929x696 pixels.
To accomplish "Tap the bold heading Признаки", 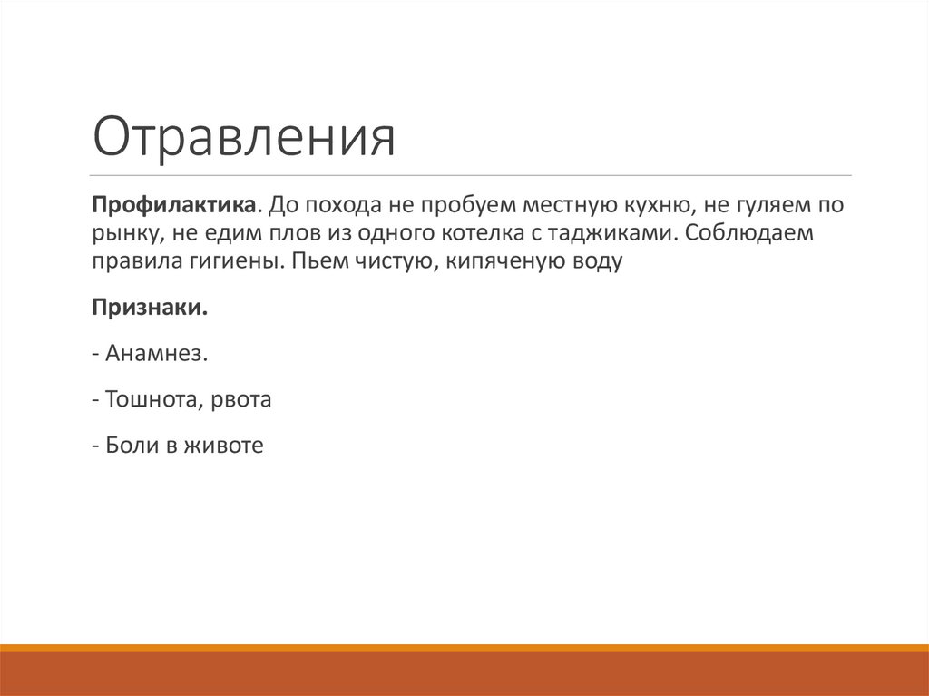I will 149,308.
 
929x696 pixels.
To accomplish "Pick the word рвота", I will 240,398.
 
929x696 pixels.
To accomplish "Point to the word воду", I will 596,262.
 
